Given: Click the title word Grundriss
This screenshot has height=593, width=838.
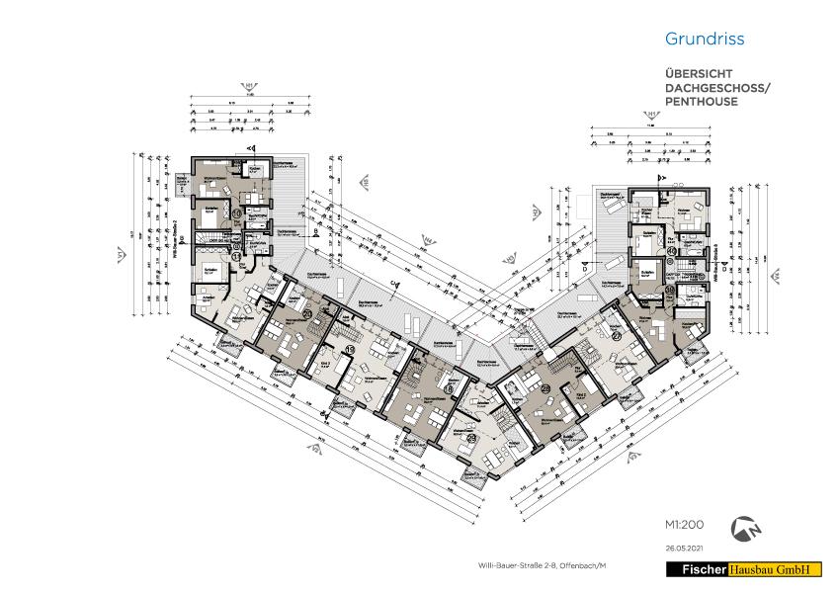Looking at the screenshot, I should click(704, 40).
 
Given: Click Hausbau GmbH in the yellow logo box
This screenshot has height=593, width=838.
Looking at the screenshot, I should click(776, 570).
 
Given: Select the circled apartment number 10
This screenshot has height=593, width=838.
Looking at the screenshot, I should click(237, 212).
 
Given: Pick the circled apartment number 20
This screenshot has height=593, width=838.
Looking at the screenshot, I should click(307, 314).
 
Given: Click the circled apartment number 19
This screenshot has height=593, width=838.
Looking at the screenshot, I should click(350, 351).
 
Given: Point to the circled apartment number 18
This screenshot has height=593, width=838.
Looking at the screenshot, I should click(449, 391).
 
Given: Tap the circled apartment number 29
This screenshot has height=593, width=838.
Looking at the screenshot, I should click(471, 439).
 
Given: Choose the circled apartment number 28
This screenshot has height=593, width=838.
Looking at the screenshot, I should click(545, 388).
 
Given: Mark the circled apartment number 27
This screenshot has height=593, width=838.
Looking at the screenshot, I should click(616, 336).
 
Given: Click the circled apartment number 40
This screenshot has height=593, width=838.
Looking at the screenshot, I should click(671, 251).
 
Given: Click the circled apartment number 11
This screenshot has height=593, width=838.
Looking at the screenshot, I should click(236, 255).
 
